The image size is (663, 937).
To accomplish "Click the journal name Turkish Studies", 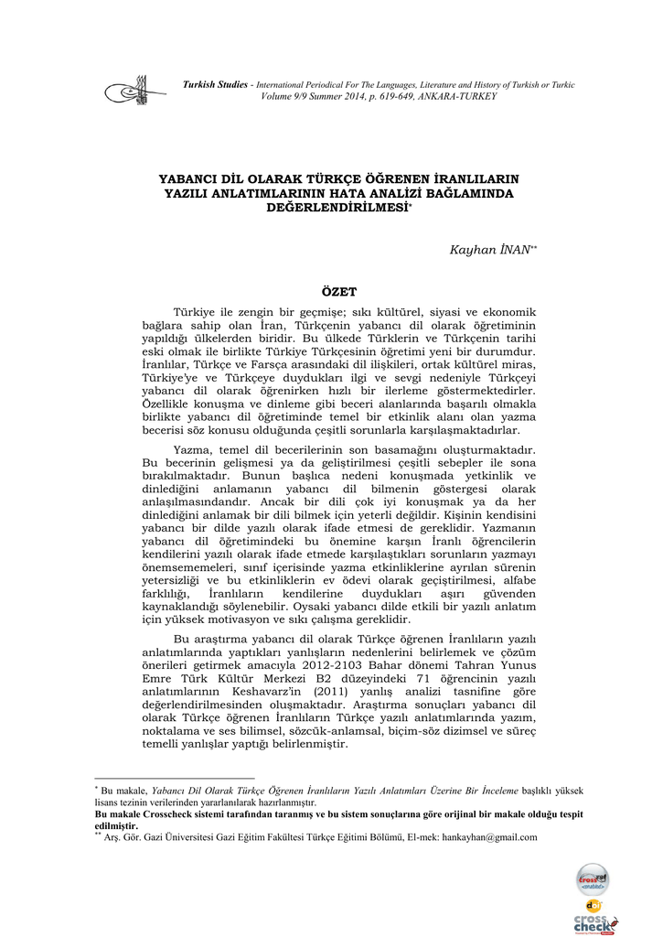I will pyautogui.click(x=215, y=85).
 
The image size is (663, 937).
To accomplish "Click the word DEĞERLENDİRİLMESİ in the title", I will pyautogui.click(x=337, y=209).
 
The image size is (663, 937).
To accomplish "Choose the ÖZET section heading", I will pyautogui.click(x=339, y=292).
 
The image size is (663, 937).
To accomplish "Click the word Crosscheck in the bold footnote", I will pyautogui.click(x=182, y=813).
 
